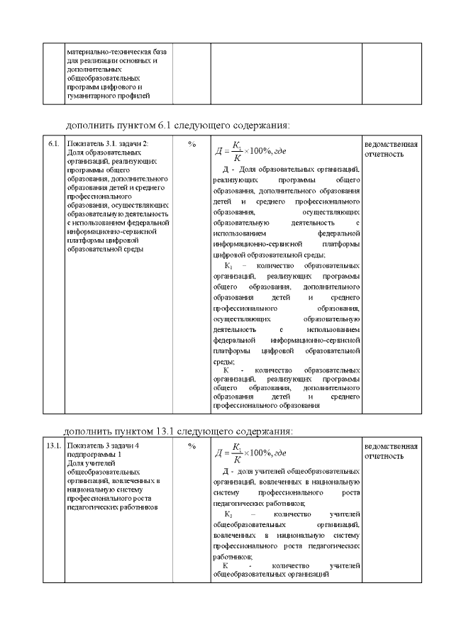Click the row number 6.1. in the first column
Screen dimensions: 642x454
click(x=53, y=144)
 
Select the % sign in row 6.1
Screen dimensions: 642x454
click(x=192, y=144)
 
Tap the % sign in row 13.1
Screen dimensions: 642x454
click(x=192, y=446)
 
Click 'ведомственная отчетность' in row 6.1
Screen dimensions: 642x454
click(x=390, y=149)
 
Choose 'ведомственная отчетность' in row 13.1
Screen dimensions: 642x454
click(x=390, y=450)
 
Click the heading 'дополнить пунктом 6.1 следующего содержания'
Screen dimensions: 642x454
click(x=177, y=126)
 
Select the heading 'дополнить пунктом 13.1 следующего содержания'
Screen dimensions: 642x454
click(x=177, y=430)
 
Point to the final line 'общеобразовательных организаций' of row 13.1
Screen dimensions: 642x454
click(x=270, y=575)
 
